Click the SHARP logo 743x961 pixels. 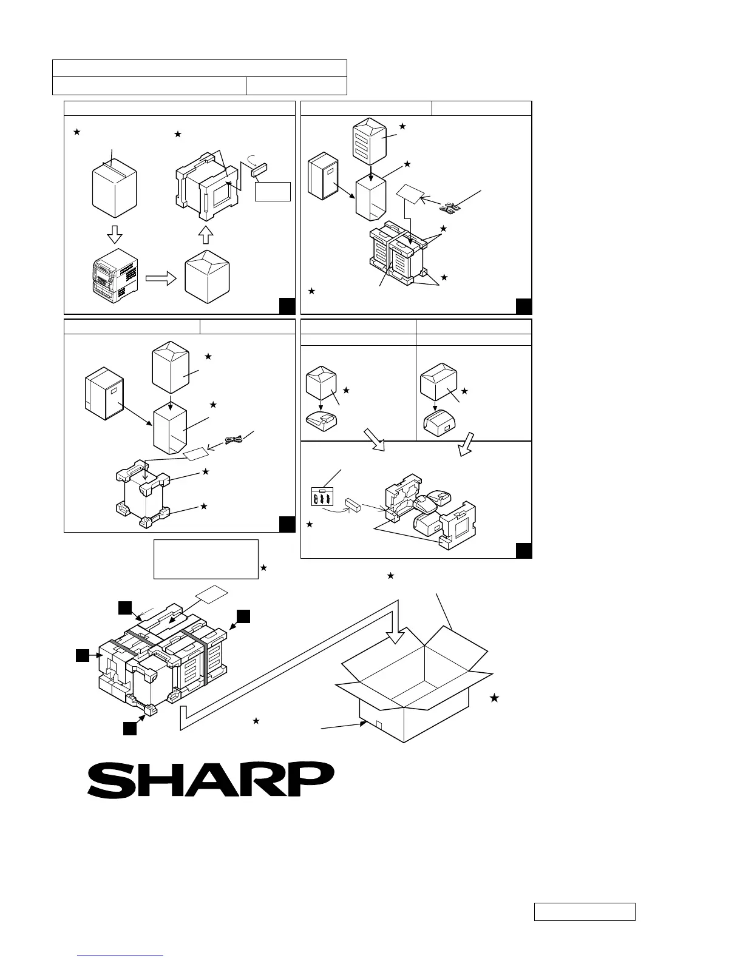pos(211,780)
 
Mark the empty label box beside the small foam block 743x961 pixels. pos(273,191)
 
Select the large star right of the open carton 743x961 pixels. pos(495,698)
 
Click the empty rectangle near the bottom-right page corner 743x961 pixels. pos(585,912)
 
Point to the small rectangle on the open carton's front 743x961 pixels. pos(377,726)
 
